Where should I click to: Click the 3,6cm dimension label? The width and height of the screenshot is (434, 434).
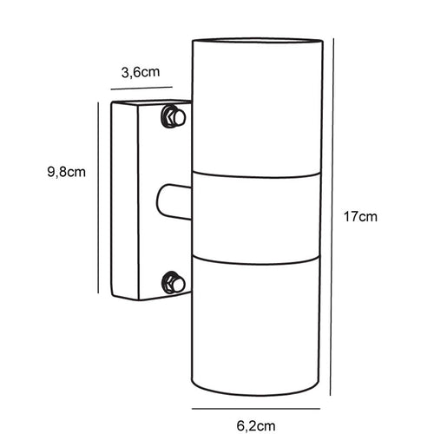click(141, 72)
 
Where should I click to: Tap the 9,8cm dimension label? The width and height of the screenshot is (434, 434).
click(67, 172)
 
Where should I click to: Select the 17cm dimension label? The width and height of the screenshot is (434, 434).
click(360, 217)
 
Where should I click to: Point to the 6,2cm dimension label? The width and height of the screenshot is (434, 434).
click(256, 426)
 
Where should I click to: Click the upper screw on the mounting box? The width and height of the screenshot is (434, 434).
click(174, 116)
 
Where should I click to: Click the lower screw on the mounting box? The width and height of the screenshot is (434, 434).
click(173, 282)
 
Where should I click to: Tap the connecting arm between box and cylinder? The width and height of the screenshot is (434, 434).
click(174, 201)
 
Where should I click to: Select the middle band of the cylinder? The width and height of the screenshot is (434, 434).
click(256, 218)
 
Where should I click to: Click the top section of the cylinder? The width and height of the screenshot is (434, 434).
click(257, 108)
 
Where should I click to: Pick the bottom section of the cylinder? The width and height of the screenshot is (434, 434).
click(256, 326)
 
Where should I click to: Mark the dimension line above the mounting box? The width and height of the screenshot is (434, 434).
click(141, 88)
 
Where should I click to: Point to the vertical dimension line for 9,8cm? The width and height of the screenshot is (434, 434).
click(98, 198)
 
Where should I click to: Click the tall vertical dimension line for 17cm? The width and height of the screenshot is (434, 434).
click(332, 217)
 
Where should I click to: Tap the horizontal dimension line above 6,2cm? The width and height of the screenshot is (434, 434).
click(256, 409)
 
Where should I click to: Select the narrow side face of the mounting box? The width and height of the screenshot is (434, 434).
click(125, 201)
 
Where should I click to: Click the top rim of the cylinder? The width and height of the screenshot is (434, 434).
click(257, 41)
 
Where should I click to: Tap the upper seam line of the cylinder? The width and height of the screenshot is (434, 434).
click(256, 174)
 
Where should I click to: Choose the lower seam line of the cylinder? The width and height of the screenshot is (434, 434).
click(256, 260)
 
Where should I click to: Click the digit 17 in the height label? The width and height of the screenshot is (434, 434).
click(351, 217)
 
